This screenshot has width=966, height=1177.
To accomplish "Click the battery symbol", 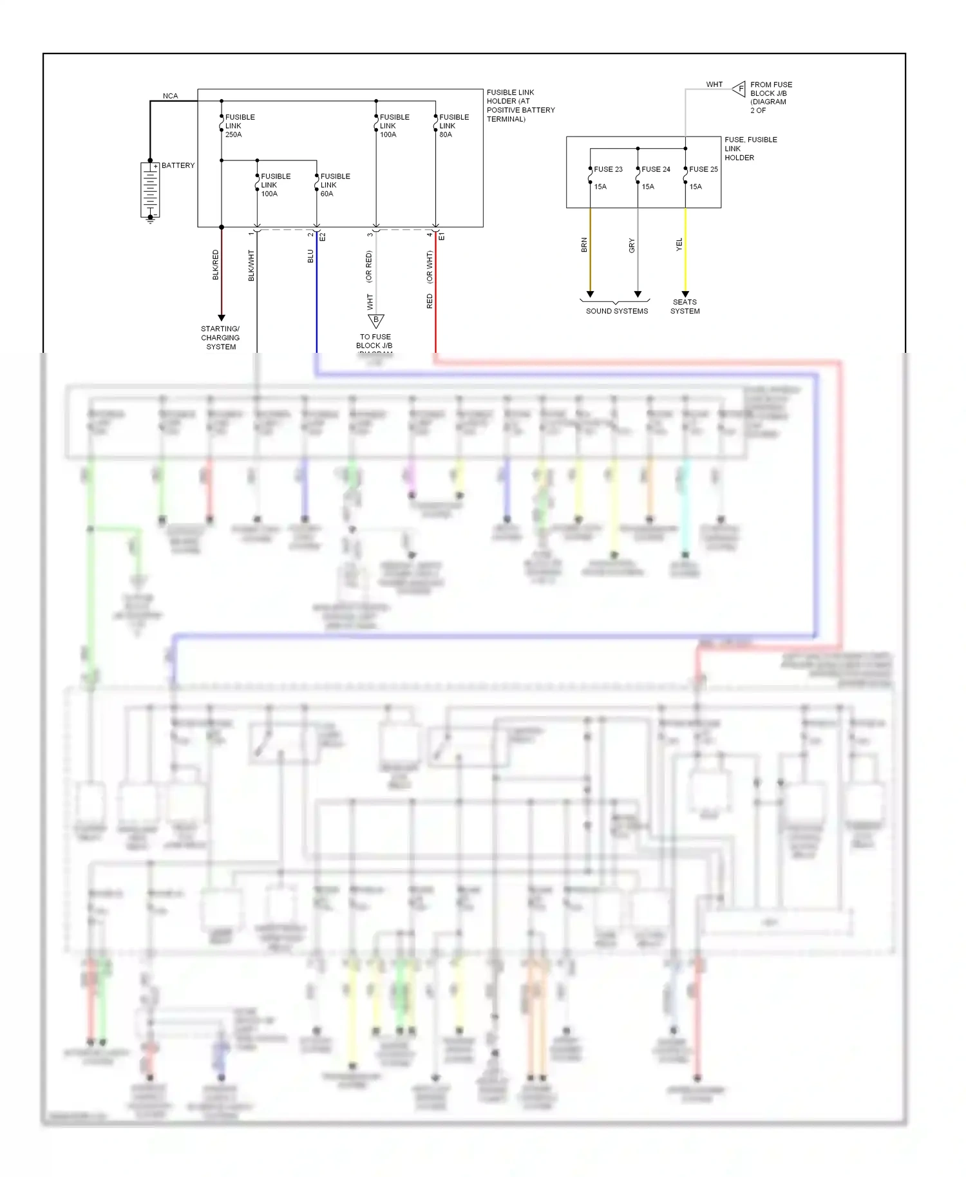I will click(150, 190).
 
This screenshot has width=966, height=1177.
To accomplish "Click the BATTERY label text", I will click(178, 165).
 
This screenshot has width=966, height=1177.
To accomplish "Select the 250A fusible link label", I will click(240, 126).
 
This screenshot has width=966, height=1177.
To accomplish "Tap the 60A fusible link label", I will click(335, 185).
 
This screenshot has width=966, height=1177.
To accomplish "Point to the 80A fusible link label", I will click(453, 126).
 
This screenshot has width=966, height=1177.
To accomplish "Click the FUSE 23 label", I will click(608, 169).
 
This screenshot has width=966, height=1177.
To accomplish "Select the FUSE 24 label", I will click(656, 169).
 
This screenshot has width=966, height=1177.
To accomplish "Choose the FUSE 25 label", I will click(703, 169).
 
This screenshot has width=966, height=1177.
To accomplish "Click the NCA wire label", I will click(170, 96).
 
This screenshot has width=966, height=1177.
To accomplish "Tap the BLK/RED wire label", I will click(216, 265).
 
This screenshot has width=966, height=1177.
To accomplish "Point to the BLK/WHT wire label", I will click(251, 265).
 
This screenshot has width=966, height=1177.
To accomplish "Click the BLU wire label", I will click(310, 256).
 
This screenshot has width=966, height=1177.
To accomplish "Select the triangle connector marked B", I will click(375, 320).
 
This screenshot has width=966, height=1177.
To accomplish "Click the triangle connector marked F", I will click(739, 89).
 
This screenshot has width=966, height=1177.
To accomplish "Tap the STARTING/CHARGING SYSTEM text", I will click(220, 337).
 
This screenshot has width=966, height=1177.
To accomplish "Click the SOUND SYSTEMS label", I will click(616, 311).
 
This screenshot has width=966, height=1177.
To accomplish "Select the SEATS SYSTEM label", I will click(685, 306).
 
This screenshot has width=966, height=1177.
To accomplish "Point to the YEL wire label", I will click(679, 244).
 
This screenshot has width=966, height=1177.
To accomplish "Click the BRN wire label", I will click(584, 245).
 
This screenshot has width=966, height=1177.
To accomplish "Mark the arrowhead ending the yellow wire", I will click(685, 294).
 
